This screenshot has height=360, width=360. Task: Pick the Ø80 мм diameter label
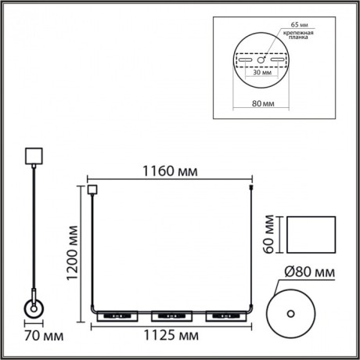tap(311, 272)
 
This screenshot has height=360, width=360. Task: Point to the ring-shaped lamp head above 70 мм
tap(34, 309)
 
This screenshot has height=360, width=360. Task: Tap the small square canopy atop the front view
tap(92, 189)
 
